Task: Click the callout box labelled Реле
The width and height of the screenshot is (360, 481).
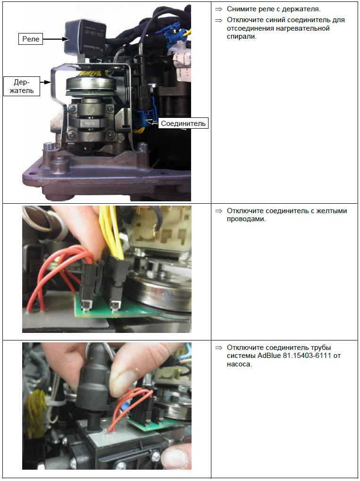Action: (x=30, y=39)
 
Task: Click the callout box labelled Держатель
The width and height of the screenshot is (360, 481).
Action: (x=22, y=86)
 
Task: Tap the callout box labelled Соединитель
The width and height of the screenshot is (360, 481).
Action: (x=183, y=124)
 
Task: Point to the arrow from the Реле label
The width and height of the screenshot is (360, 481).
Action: (x=56, y=39)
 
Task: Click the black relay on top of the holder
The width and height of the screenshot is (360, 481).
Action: (x=85, y=36)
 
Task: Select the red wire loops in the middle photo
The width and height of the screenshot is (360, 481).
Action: (x=59, y=276)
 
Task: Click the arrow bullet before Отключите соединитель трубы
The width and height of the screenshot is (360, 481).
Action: (x=218, y=348)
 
